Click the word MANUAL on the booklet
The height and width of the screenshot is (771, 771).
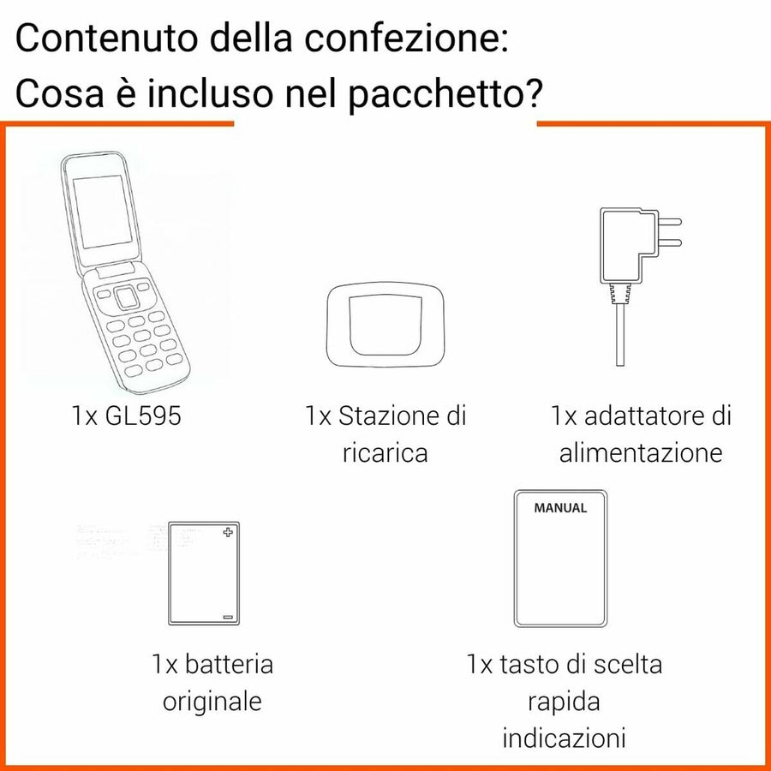click(x=560, y=508)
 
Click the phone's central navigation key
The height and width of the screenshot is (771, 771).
click(x=126, y=296)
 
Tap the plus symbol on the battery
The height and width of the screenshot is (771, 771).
click(x=227, y=533)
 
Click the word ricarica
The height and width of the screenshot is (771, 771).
click(x=385, y=452)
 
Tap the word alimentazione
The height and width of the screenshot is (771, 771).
click(x=641, y=452)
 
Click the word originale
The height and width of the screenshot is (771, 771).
click(x=212, y=702)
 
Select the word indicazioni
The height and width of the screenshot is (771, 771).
click(x=565, y=738)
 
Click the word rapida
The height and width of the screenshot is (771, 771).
click(x=564, y=702)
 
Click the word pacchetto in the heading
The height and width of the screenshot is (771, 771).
click(x=444, y=96)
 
